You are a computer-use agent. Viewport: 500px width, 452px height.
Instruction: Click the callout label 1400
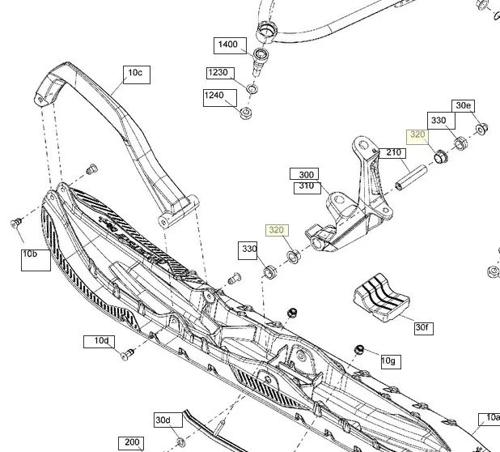(228, 44)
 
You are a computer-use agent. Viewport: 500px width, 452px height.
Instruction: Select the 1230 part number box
(218, 73)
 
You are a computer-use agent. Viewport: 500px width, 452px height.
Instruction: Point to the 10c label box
(134, 74)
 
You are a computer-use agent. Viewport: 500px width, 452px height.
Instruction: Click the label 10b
(30, 254)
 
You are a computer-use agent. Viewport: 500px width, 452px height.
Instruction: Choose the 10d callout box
(101, 341)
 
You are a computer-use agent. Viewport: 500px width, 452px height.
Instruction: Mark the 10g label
(388, 360)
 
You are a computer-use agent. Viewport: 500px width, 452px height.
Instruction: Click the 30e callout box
(464, 106)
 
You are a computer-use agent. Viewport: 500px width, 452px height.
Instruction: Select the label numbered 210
(394, 152)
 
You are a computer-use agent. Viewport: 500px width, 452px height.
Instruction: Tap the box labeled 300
(307, 174)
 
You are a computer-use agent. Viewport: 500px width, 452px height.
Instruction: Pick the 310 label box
(307, 185)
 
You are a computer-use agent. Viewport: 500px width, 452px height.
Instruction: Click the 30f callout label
(422, 327)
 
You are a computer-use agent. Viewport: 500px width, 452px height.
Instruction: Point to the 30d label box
(163, 420)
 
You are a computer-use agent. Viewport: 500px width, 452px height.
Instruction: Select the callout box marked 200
(129, 443)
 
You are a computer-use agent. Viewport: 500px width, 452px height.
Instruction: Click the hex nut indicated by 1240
(245, 111)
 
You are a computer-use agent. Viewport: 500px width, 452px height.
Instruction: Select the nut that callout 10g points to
(358, 349)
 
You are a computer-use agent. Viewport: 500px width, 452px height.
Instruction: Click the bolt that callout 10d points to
(126, 353)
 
